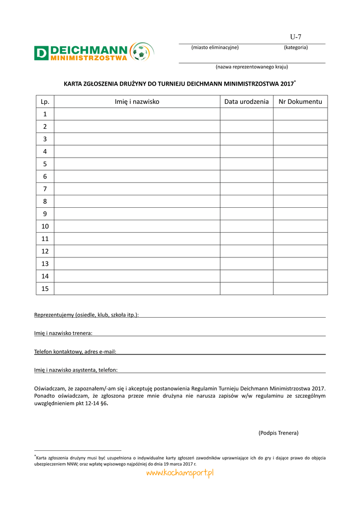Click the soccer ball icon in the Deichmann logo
[x=141, y=52]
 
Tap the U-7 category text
[x=296, y=37]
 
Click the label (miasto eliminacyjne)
[x=215, y=47]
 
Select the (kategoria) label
[x=296, y=47]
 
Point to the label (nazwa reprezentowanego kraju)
[x=252, y=67]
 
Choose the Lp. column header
[x=45, y=102]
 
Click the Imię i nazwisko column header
[x=137, y=102]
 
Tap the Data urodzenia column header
[x=247, y=102]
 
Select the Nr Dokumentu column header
[x=300, y=102]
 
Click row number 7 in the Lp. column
[x=45, y=189]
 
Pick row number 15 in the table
[x=45, y=289]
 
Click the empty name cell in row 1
[x=137, y=114]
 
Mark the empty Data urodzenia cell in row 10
[x=247, y=226]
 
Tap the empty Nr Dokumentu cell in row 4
[x=300, y=152]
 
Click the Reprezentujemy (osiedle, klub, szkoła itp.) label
[x=87, y=315]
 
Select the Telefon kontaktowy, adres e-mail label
[x=75, y=352]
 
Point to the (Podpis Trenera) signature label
[x=278, y=433]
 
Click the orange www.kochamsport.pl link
[x=180, y=474]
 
